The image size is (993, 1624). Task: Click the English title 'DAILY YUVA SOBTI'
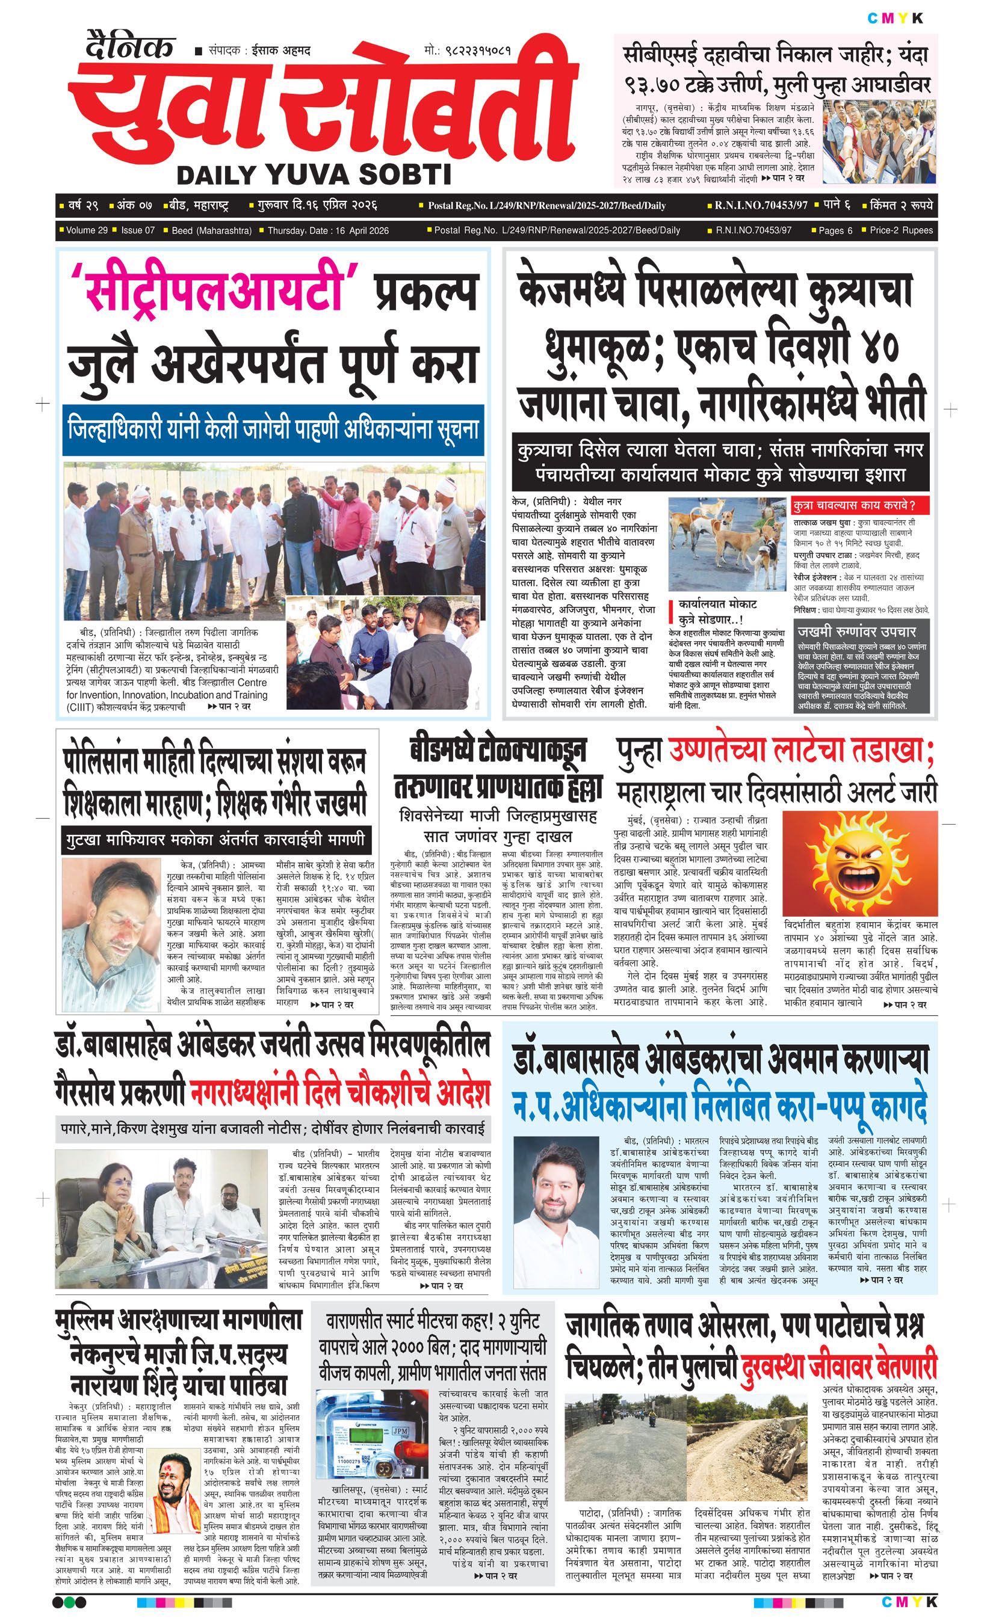tap(314, 174)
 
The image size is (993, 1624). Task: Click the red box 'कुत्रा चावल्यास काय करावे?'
tap(861, 505)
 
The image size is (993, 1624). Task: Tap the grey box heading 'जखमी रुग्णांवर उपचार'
tap(856, 631)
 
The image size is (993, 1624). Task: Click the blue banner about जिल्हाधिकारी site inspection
tap(273, 429)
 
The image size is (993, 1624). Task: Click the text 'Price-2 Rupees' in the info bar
tap(901, 230)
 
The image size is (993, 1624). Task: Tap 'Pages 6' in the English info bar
tap(835, 230)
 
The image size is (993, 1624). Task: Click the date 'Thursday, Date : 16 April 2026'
tap(328, 230)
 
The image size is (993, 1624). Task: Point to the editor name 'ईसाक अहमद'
tap(281, 51)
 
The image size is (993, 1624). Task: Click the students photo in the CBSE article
tap(879, 140)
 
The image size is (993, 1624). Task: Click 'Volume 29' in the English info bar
tap(87, 230)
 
